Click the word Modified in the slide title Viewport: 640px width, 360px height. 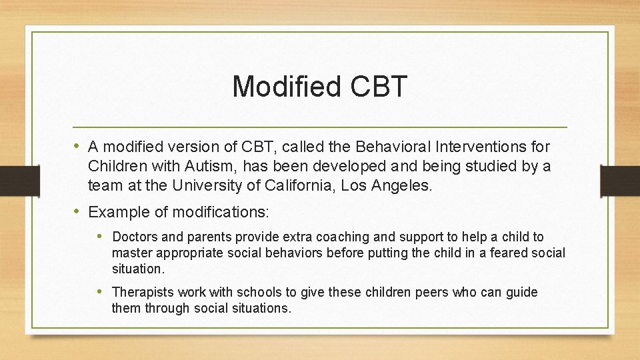coord(284,87)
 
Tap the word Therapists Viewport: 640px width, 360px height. coord(142,293)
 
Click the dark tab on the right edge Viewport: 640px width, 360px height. coord(619,180)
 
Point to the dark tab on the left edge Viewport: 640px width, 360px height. coord(13,180)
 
